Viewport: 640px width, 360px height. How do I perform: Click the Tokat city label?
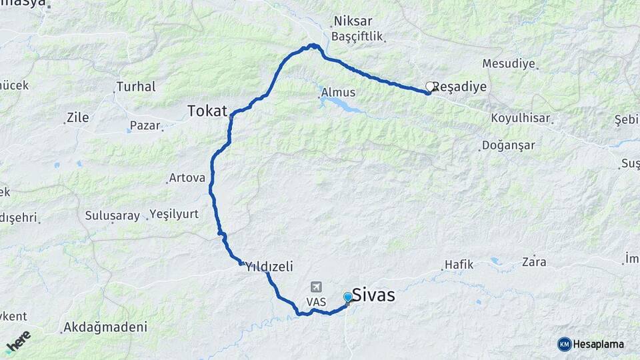click(x=207, y=111)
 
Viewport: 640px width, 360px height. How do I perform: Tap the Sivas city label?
click(x=373, y=295)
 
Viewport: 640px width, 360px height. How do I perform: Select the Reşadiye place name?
click(x=460, y=87)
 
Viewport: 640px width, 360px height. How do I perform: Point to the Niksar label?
click(x=353, y=21)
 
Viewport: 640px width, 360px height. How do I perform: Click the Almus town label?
click(x=338, y=93)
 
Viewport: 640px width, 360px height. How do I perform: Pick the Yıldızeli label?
click(x=269, y=265)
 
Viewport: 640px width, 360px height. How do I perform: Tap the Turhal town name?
click(x=136, y=86)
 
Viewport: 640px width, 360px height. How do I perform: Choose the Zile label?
click(x=77, y=119)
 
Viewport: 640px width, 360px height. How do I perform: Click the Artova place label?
click(x=187, y=178)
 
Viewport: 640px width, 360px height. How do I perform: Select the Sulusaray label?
click(x=113, y=215)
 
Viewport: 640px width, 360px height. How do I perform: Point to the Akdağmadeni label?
click(x=104, y=327)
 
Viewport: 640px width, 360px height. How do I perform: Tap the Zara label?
click(x=534, y=261)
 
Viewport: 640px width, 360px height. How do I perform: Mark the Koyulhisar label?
click(x=521, y=118)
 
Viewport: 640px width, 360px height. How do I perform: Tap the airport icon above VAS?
click(x=315, y=287)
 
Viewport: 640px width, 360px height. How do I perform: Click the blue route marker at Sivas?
click(x=347, y=297)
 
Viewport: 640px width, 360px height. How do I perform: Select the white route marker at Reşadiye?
click(x=430, y=86)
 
